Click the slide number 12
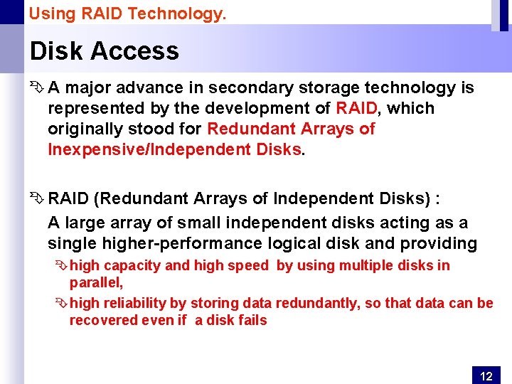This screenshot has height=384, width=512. click(486, 376)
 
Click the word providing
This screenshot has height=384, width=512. click(439, 244)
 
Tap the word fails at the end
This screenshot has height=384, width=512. click(250, 321)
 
